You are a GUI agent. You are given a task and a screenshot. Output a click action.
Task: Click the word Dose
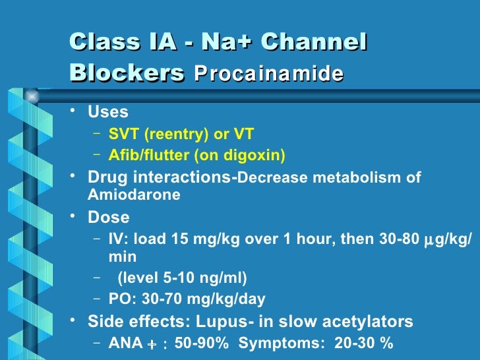pyautogui.click(x=109, y=217)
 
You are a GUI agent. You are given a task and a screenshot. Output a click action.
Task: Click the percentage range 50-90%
pyautogui.click(x=200, y=343)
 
